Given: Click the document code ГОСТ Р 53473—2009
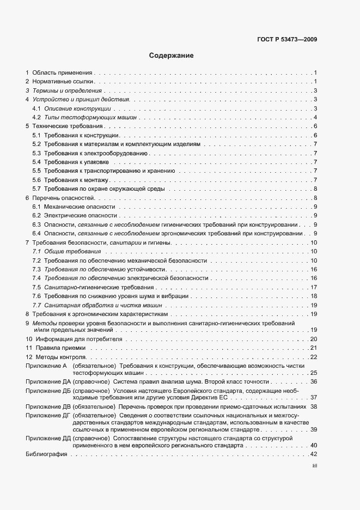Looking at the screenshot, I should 287,39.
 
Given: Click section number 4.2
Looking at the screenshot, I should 36,118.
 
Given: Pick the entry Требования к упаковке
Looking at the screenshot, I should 77,162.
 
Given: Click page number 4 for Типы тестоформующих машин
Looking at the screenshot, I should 315,118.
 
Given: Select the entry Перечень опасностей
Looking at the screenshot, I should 63,198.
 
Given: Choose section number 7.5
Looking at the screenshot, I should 36,287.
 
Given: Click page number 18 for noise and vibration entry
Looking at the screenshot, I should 313,296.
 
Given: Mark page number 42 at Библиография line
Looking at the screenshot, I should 313,454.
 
